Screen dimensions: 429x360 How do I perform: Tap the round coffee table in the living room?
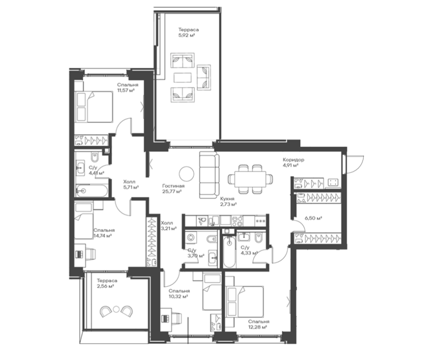pos(186,173)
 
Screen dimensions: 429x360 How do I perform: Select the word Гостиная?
pos(173,186)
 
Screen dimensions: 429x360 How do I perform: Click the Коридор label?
pos(293,159)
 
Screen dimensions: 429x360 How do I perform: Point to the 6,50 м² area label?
pos(313,218)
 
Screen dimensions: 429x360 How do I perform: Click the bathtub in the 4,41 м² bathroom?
pos(91,191)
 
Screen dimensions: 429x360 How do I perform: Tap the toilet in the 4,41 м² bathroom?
pos(94,157)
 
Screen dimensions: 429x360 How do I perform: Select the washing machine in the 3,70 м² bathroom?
pos(191,237)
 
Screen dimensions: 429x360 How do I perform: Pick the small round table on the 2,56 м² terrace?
pos(116,309)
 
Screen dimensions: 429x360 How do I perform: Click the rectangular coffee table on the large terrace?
pos(182,77)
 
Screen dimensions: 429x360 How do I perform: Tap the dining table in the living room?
pos(250,179)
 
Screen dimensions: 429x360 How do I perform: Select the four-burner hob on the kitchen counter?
pos(237,221)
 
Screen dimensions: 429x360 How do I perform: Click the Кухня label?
pos(227,199)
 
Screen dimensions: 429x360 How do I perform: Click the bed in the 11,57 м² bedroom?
pos(95,107)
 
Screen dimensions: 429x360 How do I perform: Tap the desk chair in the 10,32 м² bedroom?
pos(176,318)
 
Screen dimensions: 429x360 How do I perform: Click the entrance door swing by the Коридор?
pos(355,164)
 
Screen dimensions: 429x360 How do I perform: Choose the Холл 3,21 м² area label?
pos(169,225)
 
